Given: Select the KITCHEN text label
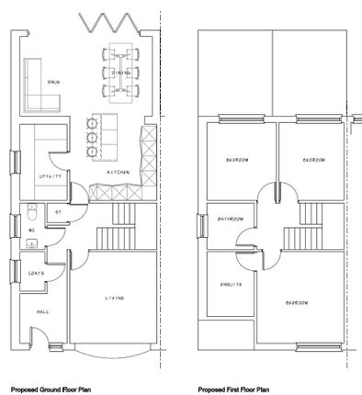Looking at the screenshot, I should (118, 172).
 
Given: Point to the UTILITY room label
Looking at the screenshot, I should (51, 175).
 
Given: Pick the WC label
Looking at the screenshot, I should (31, 229).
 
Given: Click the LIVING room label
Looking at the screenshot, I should (115, 297).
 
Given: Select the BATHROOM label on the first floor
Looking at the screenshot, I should (230, 219).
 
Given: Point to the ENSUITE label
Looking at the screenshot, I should (231, 284).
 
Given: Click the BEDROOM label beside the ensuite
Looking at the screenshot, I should (296, 302).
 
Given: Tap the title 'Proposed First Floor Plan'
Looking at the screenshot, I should (233, 389).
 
